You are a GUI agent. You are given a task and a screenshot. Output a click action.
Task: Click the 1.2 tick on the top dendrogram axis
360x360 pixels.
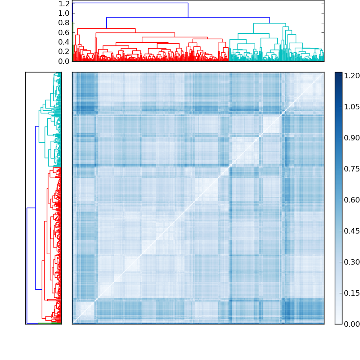64,4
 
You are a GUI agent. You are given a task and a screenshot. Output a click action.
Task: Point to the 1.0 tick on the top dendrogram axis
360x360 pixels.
64,13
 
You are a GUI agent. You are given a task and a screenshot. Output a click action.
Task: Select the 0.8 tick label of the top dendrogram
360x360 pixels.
64,23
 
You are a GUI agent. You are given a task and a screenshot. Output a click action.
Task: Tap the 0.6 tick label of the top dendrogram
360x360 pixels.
64,32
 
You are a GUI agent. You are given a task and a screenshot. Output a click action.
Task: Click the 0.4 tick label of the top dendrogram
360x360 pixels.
64,42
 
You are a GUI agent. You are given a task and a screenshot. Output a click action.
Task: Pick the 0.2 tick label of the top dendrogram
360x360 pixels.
64,51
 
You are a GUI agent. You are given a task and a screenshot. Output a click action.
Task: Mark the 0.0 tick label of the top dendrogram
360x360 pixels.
64,61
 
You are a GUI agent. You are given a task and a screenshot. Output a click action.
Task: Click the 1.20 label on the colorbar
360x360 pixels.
352,76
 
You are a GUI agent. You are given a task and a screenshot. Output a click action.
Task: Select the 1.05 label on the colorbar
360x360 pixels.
352,107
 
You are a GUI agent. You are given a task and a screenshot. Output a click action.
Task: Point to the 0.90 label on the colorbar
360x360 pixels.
352,138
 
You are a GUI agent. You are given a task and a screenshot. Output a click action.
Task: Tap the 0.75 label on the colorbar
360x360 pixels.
352,169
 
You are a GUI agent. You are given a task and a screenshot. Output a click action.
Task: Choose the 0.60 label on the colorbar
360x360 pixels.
352,200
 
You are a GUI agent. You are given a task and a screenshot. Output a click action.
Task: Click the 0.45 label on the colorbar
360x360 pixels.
352,231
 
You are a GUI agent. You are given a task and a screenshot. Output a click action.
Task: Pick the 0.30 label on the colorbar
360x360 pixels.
352,262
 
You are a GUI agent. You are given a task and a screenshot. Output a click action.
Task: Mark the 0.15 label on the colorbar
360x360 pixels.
352,293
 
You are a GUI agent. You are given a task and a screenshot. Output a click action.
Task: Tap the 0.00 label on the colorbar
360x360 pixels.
352,324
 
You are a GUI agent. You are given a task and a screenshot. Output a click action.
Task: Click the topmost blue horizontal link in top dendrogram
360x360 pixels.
130,3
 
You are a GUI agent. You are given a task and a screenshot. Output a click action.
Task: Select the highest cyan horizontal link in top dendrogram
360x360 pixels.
268,23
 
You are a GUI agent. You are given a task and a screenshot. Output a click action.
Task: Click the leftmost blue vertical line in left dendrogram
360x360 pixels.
27,265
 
